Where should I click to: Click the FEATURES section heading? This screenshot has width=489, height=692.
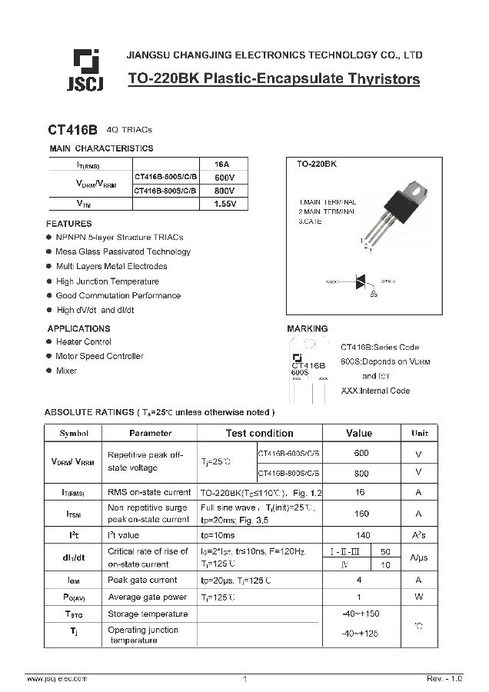click(68, 224)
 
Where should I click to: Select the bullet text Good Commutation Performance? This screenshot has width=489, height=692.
click(118, 295)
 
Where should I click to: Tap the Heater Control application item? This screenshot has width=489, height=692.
click(83, 342)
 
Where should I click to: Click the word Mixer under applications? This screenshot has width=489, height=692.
click(66, 371)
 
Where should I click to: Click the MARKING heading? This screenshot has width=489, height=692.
click(308, 328)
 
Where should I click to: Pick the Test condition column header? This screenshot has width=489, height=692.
click(259, 433)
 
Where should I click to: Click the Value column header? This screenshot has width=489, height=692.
click(359, 433)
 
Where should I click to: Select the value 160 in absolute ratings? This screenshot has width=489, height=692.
click(361, 513)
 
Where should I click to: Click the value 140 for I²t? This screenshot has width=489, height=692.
click(361, 534)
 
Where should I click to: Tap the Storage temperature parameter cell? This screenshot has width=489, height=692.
click(148, 614)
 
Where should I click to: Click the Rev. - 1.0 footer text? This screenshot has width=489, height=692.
click(444, 679)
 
